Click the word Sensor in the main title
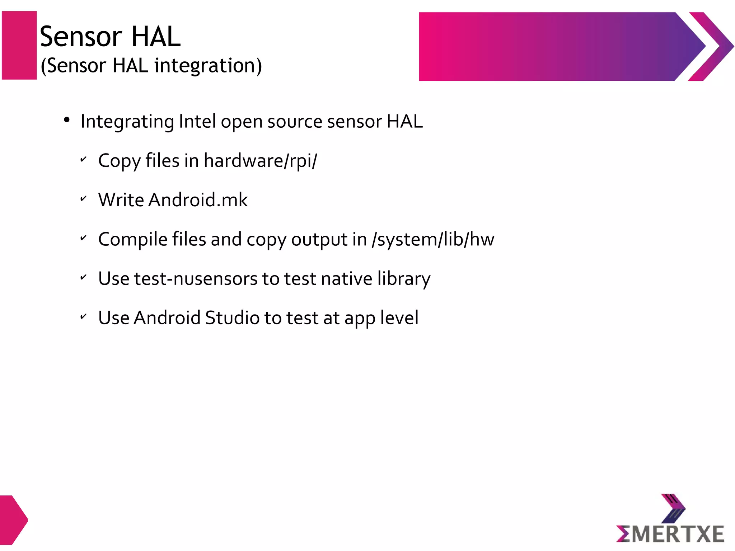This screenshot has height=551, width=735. pos(81,37)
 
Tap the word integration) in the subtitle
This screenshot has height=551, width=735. pos(208,66)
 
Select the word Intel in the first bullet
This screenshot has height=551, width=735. pos(197,121)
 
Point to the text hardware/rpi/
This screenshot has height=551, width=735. pos(261,160)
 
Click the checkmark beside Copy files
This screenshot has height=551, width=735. pos(83,159)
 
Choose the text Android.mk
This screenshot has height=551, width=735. pos(198,200)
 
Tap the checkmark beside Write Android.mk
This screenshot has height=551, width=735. pos(83,198)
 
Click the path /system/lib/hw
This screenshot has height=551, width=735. pos(433,239)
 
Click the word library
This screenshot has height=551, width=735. pos(404,279)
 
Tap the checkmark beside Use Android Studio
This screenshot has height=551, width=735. pos(83,316)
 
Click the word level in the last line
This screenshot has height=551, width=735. pos(399,318)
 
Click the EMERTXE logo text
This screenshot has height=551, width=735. pos(670,534)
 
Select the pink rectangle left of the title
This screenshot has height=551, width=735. pos(19,45)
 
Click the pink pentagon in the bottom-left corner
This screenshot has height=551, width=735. pos(13,520)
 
